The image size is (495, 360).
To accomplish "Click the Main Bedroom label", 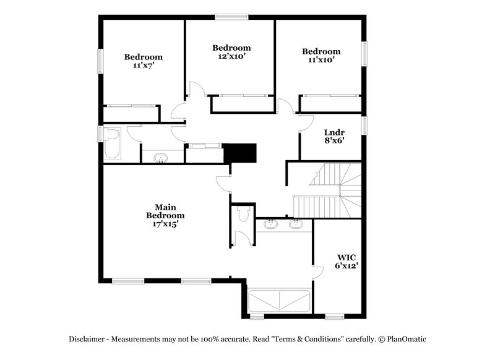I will [165, 211].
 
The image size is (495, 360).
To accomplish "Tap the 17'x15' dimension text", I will [165, 225].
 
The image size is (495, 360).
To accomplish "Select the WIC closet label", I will [346, 257].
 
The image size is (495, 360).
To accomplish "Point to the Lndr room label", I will [334, 132].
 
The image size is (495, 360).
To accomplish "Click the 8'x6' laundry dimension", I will [334, 140].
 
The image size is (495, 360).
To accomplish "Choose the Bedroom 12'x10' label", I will [231, 48].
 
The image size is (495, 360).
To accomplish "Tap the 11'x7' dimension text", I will [143, 65].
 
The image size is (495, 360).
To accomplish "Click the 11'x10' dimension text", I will [321, 60].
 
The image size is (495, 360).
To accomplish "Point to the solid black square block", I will [241, 153].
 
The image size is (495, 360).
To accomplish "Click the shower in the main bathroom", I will [278, 301].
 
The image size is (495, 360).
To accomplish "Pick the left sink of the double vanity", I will [270, 223].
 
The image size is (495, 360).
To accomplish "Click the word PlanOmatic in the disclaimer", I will [406, 339].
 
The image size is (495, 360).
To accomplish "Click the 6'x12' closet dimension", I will [346, 265].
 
